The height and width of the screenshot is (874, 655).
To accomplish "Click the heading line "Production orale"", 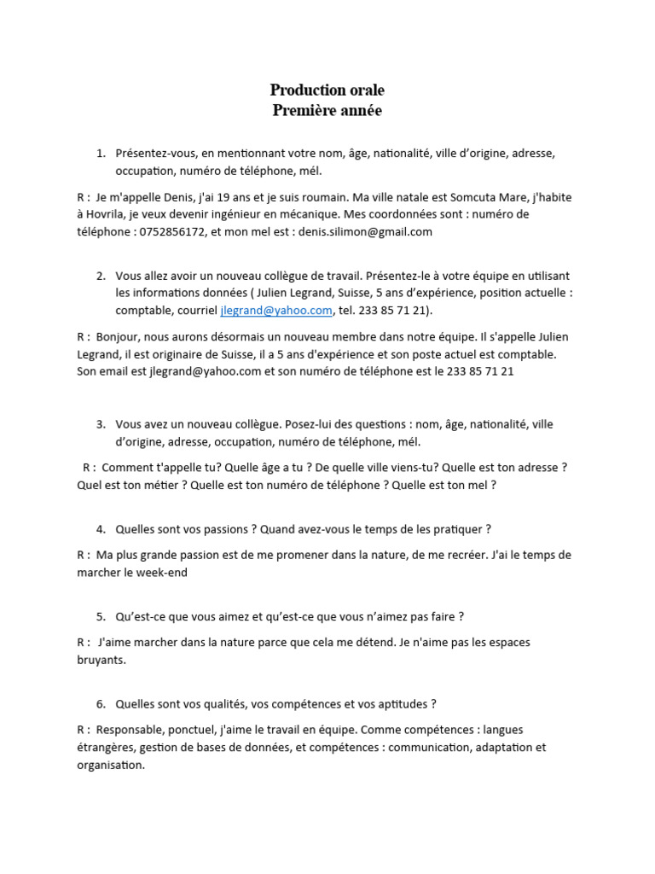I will [327, 90].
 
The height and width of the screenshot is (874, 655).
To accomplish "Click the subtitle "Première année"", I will [327, 110].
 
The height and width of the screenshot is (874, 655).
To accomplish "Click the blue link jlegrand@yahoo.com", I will [275, 311].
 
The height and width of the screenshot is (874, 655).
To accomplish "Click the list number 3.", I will [101, 424].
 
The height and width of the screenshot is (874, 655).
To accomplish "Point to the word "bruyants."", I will [101, 660].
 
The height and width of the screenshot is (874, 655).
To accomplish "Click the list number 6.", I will [101, 704].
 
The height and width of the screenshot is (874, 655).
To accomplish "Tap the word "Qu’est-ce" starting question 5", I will [141, 616].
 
